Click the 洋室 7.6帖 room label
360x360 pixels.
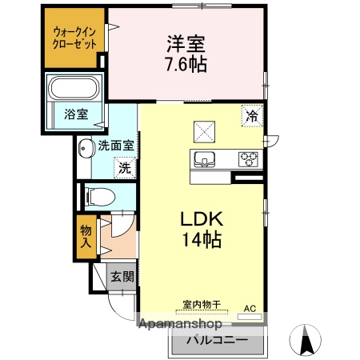coord(186,54)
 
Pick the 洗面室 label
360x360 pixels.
coord(116,146)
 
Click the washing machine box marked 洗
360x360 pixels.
coord(124,168)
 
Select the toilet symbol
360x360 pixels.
coord(99,195)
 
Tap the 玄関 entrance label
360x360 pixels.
coord(122,278)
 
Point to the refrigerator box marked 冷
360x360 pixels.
coord(252,117)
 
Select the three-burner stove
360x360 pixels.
coord(248,159)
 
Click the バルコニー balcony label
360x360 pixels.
coord(215,339)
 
